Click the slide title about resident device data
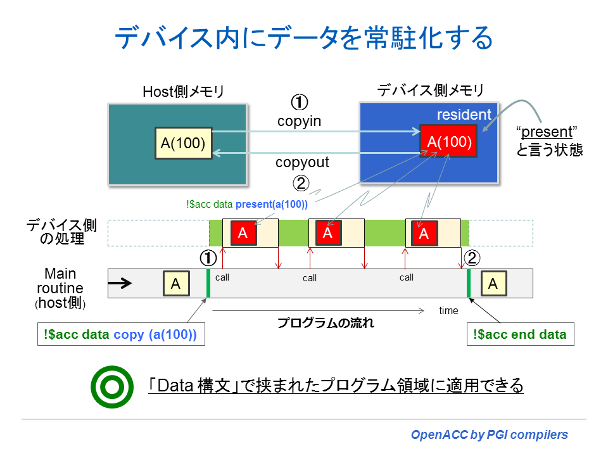(303, 39)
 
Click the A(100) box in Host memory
(183, 144)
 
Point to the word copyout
(302, 162)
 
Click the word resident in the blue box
(464, 115)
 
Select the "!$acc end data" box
(520, 334)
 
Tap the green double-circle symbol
(112, 386)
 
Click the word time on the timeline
(448, 310)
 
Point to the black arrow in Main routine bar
(121, 283)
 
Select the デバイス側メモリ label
(431, 91)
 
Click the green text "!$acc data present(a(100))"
(247, 204)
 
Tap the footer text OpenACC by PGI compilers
(490, 434)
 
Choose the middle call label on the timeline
(310, 278)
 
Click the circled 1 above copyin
(299, 102)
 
